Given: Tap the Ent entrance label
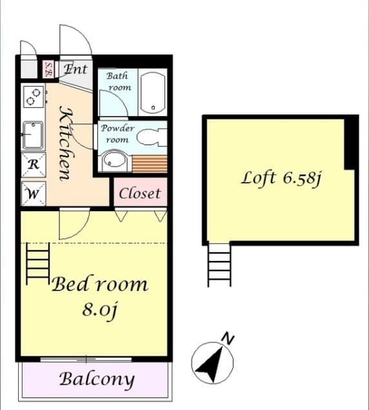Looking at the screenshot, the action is [x=75, y=69].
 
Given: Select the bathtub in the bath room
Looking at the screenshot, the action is [x=153, y=92].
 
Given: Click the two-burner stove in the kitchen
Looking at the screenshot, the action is [x=34, y=97].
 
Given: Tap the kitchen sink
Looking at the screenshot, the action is [x=33, y=135].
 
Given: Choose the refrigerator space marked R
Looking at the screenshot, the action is [x=34, y=165].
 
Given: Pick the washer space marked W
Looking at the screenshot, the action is [x=34, y=194].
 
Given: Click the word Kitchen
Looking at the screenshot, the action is [x=65, y=143].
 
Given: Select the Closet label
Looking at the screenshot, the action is [x=139, y=194].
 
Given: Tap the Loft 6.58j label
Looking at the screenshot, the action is [x=281, y=178].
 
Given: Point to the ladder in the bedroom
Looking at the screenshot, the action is [x=38, y=263].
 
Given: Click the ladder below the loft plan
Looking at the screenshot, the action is [x=219, y=265].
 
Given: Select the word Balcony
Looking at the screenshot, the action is [x=97, y=380].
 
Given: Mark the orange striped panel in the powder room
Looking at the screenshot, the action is [x=150, y=164].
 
